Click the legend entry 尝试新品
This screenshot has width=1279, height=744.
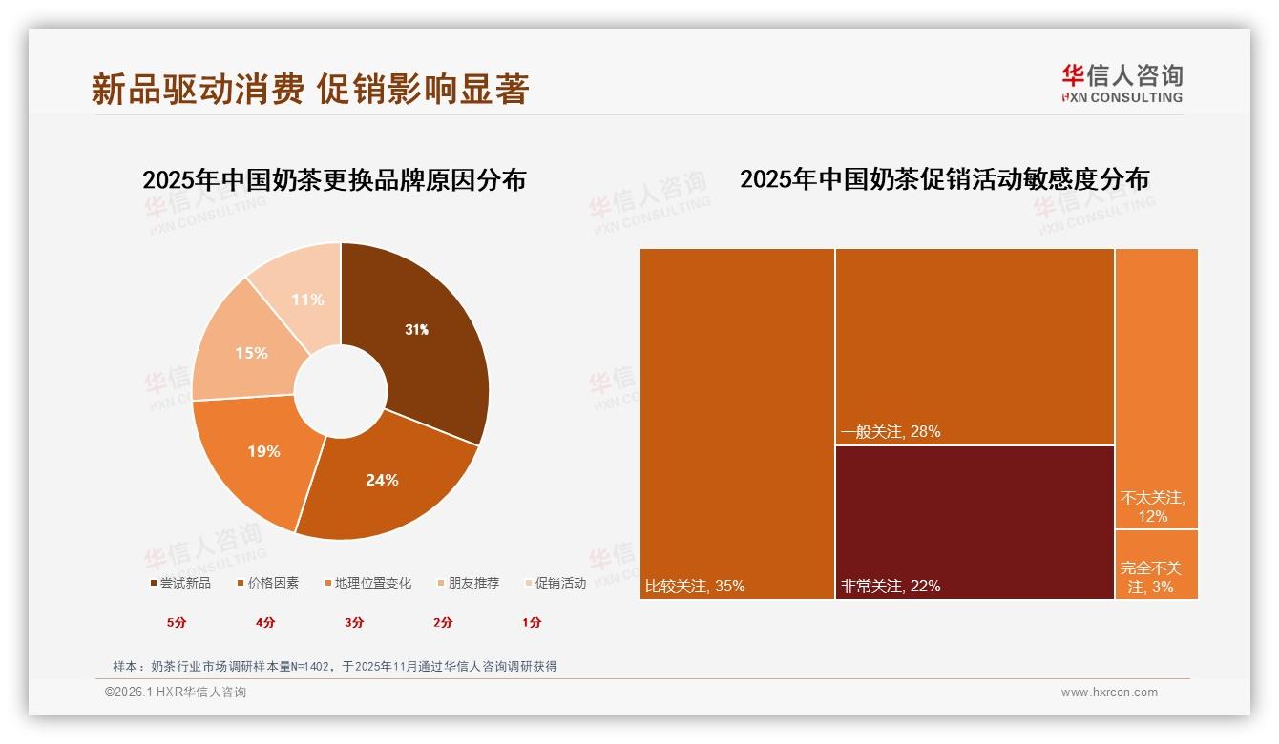click(x=180, y=583)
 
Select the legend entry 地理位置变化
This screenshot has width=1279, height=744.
click(x=368, y=583)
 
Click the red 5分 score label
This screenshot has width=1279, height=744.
click(x=177, y=623)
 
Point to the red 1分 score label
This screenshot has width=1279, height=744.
click(x=532, y=623)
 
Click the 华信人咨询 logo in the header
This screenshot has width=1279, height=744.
click(x=1122, y=83)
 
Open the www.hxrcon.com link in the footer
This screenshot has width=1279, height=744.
click(x=1109, y=692)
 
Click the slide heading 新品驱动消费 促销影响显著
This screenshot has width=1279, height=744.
click(x=310, y=89)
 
